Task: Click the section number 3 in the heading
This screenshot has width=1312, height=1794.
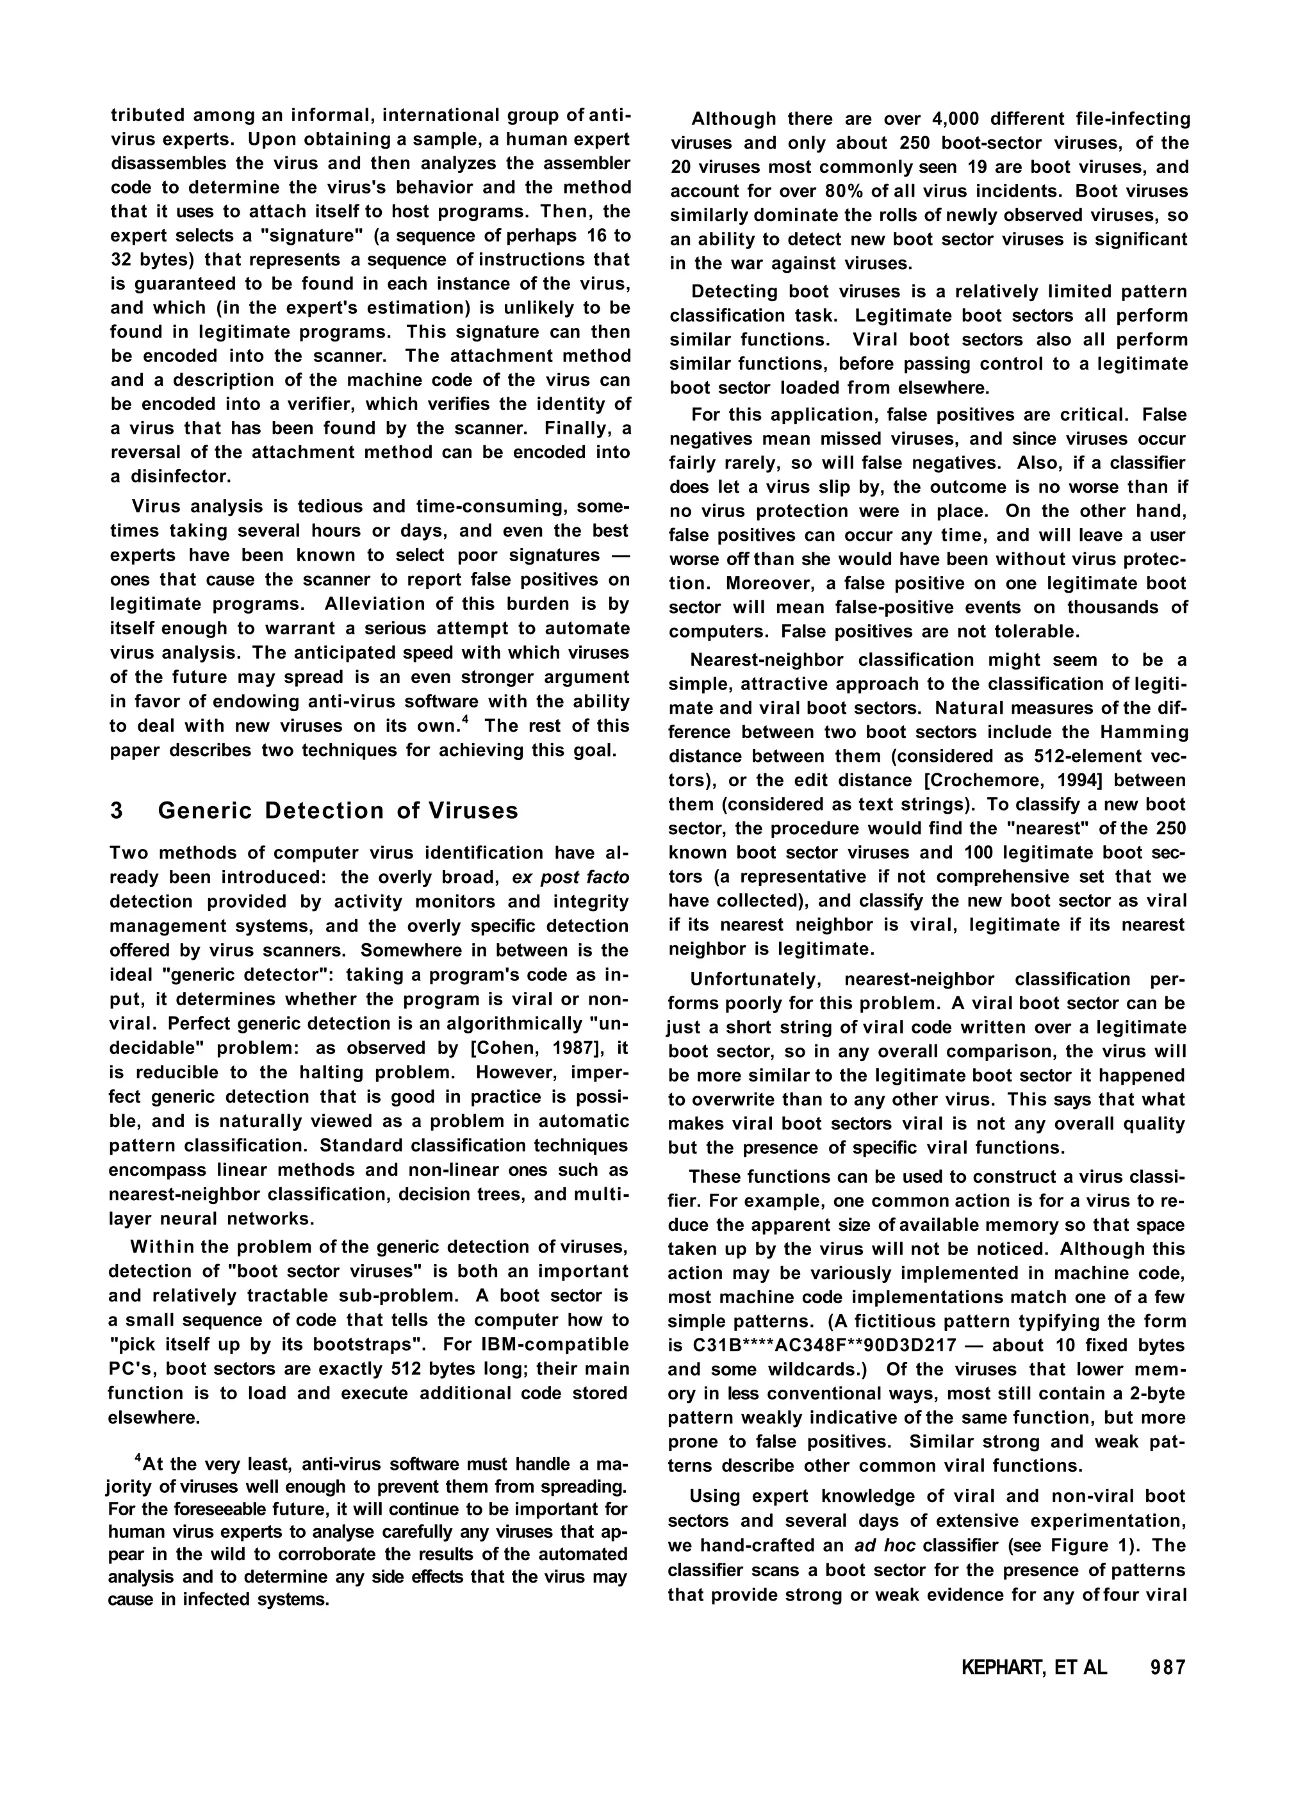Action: coord(117,811)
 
